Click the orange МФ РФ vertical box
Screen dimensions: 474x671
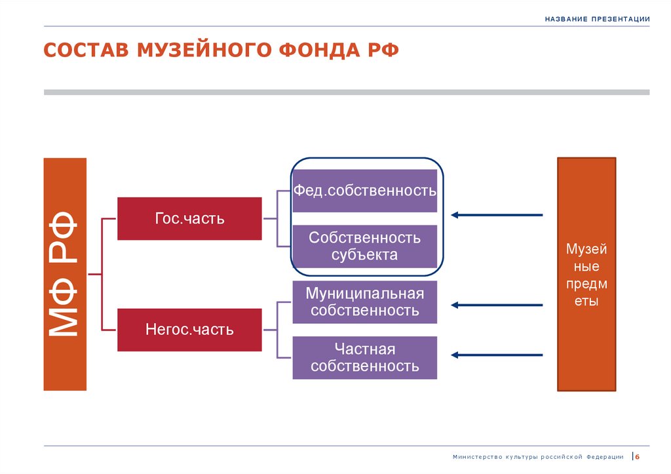[x=65, y=274]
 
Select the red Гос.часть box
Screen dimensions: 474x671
[x=189, y=218]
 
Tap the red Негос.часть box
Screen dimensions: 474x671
[x=189, y=329]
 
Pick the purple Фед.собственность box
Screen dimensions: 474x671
[x=364, y=191]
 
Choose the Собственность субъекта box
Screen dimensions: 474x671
[x=364, y=246]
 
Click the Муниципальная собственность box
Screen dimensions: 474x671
[x=364, y=302]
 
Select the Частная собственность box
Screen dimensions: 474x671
[x=364, y=357]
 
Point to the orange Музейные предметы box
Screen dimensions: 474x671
[x=586, y=274]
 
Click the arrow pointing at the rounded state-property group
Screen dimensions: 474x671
[x=497, y=214]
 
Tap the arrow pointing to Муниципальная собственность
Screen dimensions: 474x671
[x=497, y=305]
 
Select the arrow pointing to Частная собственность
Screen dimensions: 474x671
[x=497, y=355]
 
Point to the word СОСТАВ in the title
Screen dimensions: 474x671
[x=86, y=51]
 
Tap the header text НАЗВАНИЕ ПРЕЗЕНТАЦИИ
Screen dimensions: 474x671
[x=596, y=19]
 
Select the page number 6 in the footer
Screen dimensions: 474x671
[x=636, y=457]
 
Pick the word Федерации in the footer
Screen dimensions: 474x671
[x=605, y=457]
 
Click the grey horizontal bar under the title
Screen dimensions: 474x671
[x=346, y=92]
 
